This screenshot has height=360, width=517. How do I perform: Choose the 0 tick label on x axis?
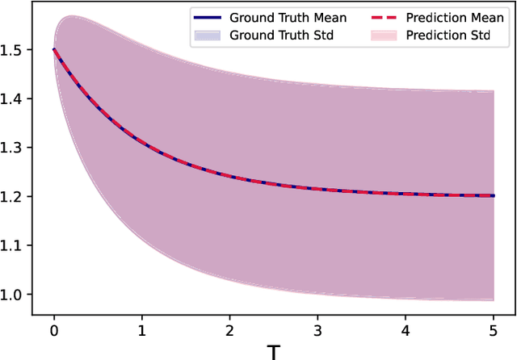[53, 330]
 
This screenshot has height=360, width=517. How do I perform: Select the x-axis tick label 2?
[229, 330]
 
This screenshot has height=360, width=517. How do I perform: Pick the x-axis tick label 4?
[406, 330]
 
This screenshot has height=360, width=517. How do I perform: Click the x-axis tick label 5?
[494, 330]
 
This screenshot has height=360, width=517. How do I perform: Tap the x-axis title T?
[274, 350]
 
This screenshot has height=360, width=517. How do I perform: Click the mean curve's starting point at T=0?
[54, 49]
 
